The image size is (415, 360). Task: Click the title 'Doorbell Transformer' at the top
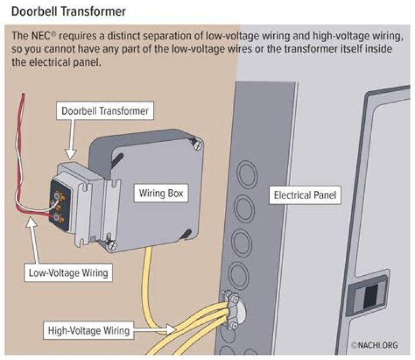point(69,11)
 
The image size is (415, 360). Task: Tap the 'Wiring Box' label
point(161,193)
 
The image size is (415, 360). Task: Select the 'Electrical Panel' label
point(304,196)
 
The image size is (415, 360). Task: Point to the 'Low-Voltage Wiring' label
point(69,272)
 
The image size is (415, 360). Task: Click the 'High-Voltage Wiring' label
point(88,331)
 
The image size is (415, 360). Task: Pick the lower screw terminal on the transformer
point(56,217)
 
